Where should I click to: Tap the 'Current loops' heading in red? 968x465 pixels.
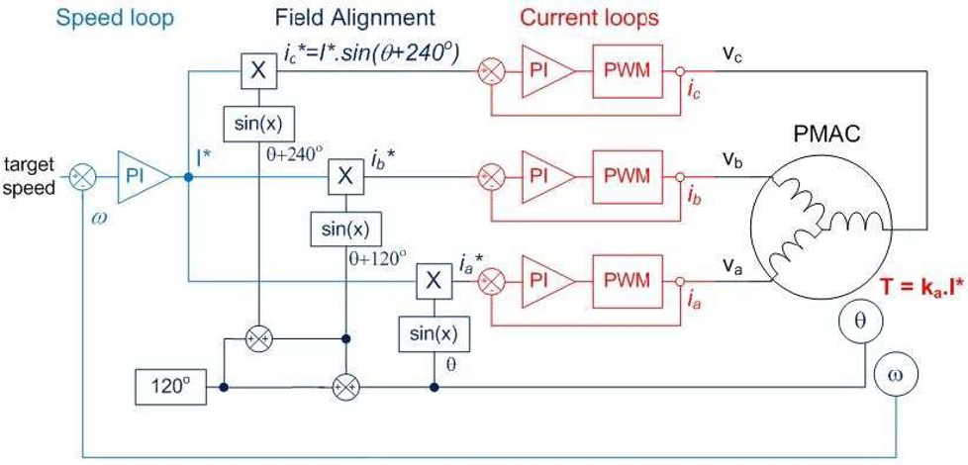click(x=589, y=17)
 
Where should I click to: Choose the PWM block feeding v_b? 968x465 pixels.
click(x=628, y=176)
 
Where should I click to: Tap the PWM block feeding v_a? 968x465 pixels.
click(x=628, y=280)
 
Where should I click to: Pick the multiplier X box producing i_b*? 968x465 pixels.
click(x=345, y=176)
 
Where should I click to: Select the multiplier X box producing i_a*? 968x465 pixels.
click(x=433, y=281)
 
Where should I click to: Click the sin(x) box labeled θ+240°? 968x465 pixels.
click(x=257, y=125)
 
